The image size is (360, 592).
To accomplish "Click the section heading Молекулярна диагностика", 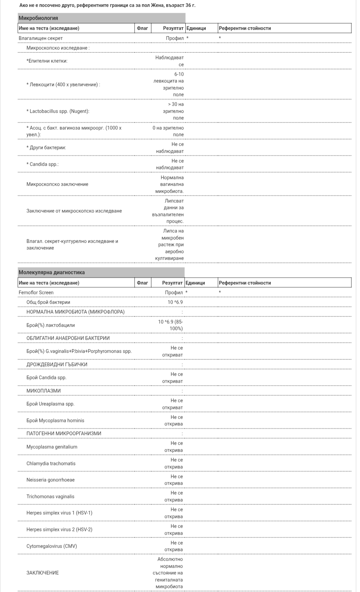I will pos(52,272).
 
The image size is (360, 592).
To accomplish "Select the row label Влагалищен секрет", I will pos(41,38).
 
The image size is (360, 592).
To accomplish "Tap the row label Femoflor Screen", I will pos(36,292).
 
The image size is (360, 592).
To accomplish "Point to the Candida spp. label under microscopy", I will pos(44,164).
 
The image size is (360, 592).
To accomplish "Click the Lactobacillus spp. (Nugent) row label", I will pos(58,111).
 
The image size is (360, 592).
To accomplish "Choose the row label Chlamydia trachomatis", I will pos(51,463).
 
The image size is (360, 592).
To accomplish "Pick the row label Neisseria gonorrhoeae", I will pos(51,480).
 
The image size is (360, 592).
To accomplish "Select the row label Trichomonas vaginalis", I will pos(50,496).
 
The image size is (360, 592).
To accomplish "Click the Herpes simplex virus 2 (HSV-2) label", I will pos(59,529).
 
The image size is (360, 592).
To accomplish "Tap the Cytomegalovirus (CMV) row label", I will pos(52,546).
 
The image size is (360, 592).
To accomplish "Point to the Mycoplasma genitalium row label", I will pos(52,447).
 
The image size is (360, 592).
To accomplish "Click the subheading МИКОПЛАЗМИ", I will pos(44,391).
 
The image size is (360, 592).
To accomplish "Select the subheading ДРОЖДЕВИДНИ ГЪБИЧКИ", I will pos(57,364).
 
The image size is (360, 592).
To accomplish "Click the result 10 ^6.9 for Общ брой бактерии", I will pos(175,302).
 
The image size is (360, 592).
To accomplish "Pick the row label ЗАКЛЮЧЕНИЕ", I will pos(43,573).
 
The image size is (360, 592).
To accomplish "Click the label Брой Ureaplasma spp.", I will pos(50,404).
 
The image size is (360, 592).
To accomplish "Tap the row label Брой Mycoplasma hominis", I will pos(55,420).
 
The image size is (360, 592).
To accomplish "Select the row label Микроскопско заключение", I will pos(57,184).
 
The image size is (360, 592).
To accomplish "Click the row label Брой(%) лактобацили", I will pos(51,325).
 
